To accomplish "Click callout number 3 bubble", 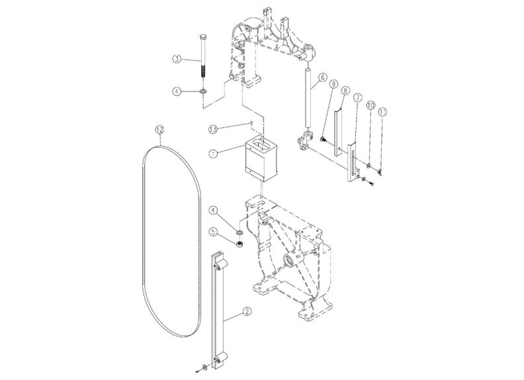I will point(177,59).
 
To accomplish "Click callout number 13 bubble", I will point(214,128).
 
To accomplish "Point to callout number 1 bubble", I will point(212,154).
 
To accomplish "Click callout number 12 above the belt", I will point(159,128).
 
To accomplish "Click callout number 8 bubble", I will point(345,93).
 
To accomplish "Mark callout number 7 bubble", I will point(357,97).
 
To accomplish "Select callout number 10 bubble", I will point(371,105).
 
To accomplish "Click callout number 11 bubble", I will point(382,112).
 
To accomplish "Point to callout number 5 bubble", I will point(213,232).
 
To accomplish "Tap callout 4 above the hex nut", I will point(213,211).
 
